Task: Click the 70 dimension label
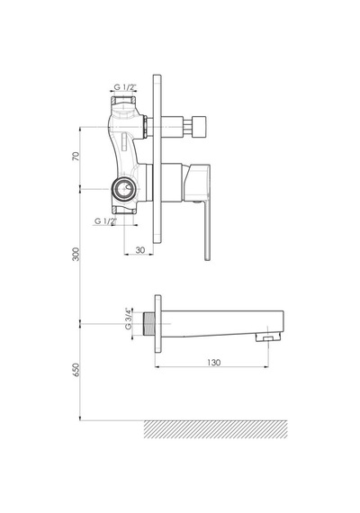click(76, 156)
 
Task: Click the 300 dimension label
click(76, 254)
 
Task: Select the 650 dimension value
click(76, 370)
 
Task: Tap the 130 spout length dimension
click(213, 362)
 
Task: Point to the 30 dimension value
click(140, 249)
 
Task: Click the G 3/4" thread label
click(129, 318)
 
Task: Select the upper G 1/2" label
click(125, 86)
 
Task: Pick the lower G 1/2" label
click(105, 221)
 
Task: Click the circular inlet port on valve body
click(123, 189)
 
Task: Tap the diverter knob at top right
click(199, 126)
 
